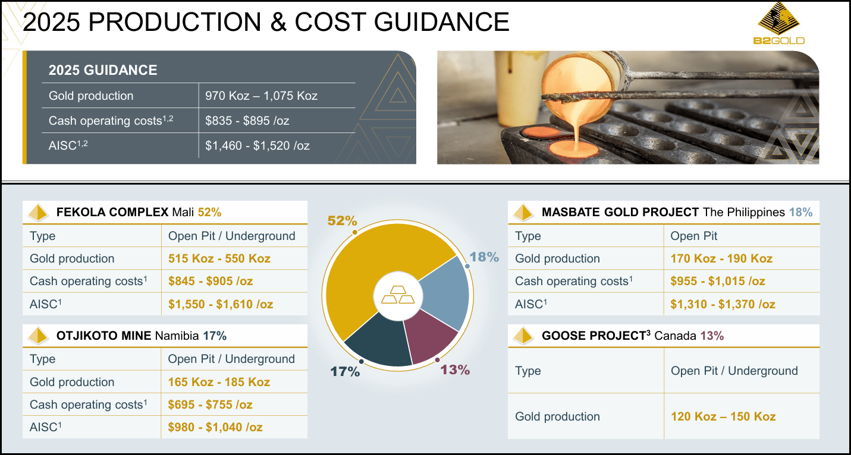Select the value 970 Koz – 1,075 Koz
coord(261,96)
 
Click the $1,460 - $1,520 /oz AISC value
coord(257,146)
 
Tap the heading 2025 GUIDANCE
coord(103,70)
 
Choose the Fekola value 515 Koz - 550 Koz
coord(219,258)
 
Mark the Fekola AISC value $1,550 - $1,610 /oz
coord(221,304)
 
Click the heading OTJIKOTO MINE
coord(104,336)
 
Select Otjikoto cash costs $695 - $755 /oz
coord(210,405)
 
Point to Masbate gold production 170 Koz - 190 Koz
coord(721,258)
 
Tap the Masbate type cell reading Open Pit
coord(693,236)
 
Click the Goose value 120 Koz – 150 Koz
coord(723,416)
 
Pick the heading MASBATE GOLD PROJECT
coord(620,212)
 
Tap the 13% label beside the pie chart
coord(455,369)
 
